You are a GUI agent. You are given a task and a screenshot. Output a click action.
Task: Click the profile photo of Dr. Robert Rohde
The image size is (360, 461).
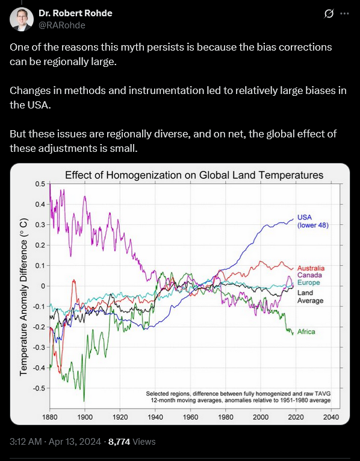pos(22,19)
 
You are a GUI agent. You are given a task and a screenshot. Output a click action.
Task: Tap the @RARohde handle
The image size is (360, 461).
pos(62,25)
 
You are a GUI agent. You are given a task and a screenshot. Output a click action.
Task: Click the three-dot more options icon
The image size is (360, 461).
pos(344,13)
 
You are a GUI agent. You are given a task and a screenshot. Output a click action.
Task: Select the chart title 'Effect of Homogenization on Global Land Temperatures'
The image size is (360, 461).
pos(194,175)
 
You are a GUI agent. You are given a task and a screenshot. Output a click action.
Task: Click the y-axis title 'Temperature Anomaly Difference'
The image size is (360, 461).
pos(24,296)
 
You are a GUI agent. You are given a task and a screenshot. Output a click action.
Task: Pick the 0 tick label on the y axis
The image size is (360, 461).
pos(43,286)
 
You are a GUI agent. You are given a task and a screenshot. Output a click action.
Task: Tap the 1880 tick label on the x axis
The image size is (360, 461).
pos(50,417)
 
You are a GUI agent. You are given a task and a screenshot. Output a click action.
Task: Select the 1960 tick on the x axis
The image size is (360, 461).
pos(190,417)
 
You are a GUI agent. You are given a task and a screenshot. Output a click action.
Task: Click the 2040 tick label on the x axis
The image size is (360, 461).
pos(331,417)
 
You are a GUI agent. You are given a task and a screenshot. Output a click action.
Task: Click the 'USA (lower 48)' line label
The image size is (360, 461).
pos(312,221)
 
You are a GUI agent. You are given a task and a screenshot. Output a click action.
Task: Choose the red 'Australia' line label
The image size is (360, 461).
pos(311,268)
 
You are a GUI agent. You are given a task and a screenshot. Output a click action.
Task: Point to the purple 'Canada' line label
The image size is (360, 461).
pos(309,275)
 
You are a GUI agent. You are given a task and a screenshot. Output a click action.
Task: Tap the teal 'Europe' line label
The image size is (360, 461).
pos(309,283)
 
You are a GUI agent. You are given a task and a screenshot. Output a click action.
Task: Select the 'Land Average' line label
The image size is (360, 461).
pos(311,296)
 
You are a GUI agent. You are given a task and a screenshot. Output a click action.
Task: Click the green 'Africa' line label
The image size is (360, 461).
pos(306,331)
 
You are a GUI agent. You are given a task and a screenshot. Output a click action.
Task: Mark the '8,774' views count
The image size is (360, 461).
pos(119,442)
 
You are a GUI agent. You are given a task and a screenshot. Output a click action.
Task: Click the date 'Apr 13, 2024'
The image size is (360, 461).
pos(75,442)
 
